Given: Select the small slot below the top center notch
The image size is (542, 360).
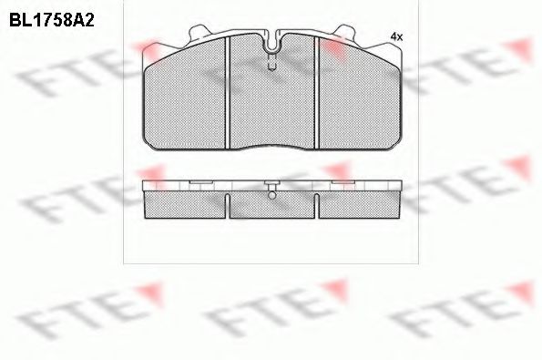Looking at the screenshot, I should (x=272, y=62).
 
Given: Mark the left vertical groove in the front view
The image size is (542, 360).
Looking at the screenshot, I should (x=229, y=91).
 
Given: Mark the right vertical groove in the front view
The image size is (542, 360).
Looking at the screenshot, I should (x=316, y=91).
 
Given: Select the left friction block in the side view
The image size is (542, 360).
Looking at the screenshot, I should (x=186, y=205).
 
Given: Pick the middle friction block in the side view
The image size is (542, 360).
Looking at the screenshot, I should (x=271, y=207).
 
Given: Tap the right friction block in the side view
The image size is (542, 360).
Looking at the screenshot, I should (x=358, y=205).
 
